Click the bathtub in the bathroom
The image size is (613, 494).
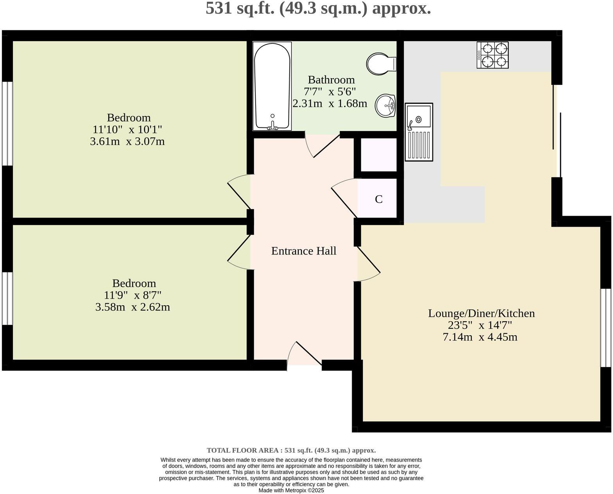coord(272,86)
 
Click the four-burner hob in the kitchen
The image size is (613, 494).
coord(493,55)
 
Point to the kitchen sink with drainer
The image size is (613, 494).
coord(419,132)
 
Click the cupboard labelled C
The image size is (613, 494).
coord(378,199)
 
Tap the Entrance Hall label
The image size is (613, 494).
coord(303,251)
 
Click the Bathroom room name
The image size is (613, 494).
coord(331,80)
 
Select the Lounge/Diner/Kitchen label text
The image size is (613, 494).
coord(481,313)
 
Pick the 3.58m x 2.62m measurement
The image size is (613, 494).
coord(133,307)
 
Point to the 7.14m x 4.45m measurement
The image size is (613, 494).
coord(480,336)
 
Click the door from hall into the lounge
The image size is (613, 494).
coord(367,264)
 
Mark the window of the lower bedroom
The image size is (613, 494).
coord(7,299)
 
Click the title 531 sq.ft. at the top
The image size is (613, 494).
coord(318,9)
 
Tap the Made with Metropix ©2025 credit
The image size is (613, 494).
coord(291,490)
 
